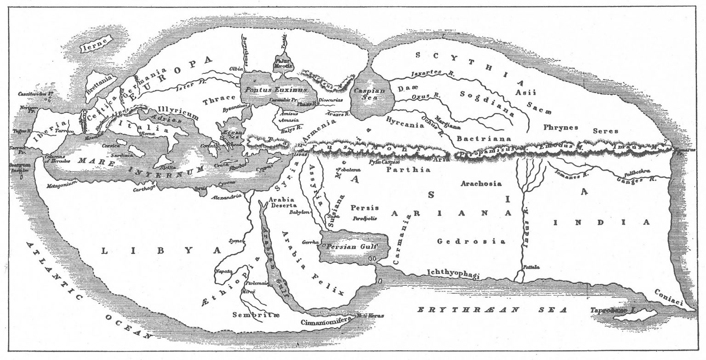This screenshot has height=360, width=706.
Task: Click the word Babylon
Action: [x=300, y=212]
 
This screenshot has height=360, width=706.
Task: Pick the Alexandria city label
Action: [x=227, y=197]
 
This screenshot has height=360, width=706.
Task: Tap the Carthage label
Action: [x=144, y=189]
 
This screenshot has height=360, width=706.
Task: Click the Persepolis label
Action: [x=365, y=218]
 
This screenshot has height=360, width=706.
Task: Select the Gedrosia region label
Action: [x=471, y=241]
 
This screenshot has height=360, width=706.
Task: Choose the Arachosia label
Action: [x=481, y=183]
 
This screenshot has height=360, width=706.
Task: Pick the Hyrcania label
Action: [x=404, y=122]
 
